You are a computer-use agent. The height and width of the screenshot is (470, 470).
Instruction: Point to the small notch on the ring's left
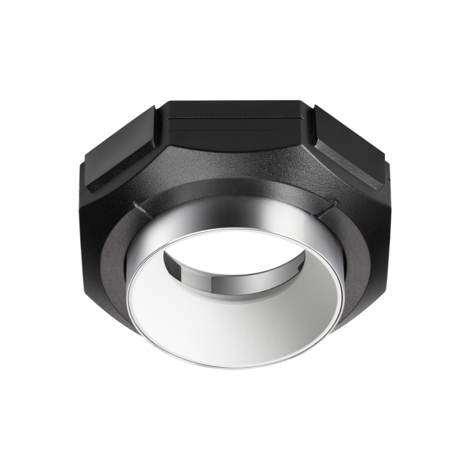(140, 207)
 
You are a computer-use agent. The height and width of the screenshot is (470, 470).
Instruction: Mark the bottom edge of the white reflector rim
(235, 367)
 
